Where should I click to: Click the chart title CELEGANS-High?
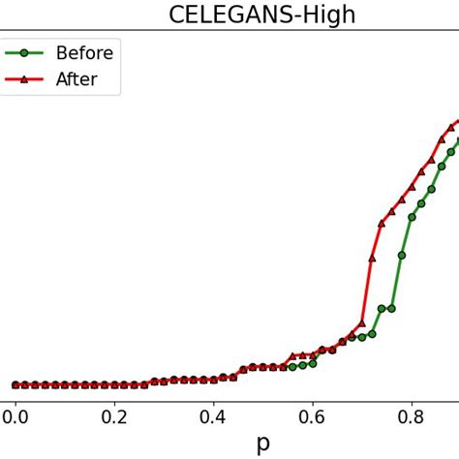pyautogui.click(x=262, y=15)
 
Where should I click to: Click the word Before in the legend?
pyautogui.click(x=84, y=53)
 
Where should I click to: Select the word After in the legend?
pyautogui.click(x=76, y=79)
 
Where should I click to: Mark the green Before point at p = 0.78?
pyautogui.click(x=402, y=256)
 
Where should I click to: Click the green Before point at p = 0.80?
pyautogui.click(x=412, y=217)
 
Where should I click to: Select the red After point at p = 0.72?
pyautogui.click(x=372, y=258)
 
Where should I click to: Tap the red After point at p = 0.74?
pyautogui.click(x=382, y=223)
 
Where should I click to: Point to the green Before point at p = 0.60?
pyautogui.click(x=313, y=364)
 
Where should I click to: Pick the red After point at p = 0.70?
pyautogui.click(x=362, y=323)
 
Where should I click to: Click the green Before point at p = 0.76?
pyautogui.click(x=391, y=308)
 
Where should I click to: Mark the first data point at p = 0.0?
pyautogui.click(x=15, y=384)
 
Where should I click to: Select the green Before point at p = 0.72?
pyautogui.click(x=372, y=334)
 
